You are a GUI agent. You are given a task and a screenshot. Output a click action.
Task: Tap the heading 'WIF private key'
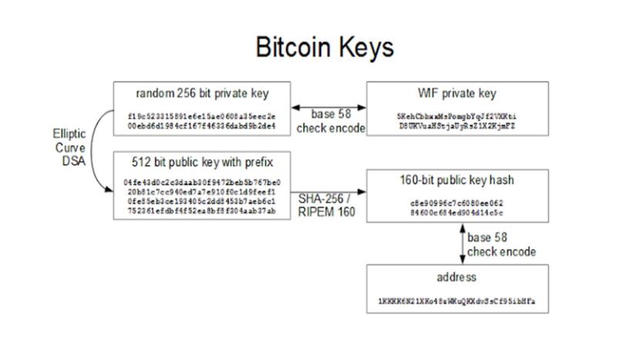point(457,93)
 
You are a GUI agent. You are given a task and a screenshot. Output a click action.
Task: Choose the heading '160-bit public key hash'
point(457,180)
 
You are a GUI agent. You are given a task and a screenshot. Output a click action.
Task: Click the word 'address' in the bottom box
point(457,277)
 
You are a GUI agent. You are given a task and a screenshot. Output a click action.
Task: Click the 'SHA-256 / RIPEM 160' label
point(327,204)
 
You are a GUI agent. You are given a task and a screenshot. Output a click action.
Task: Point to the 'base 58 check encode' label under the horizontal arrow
point(330,122)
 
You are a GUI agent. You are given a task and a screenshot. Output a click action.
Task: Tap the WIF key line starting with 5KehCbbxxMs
point(457,116)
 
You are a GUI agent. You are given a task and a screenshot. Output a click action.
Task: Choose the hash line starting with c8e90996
point(457,204)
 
